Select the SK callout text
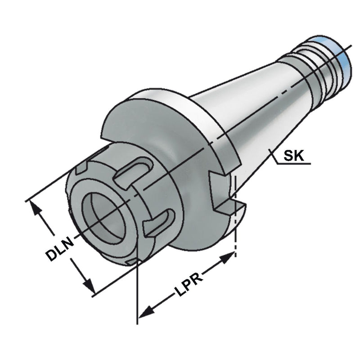coord(293,155)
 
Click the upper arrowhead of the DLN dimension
coord(36,207)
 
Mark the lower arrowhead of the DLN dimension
coord(88,285)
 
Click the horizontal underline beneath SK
coord(293,164)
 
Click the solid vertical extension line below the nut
coord(137,292)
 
